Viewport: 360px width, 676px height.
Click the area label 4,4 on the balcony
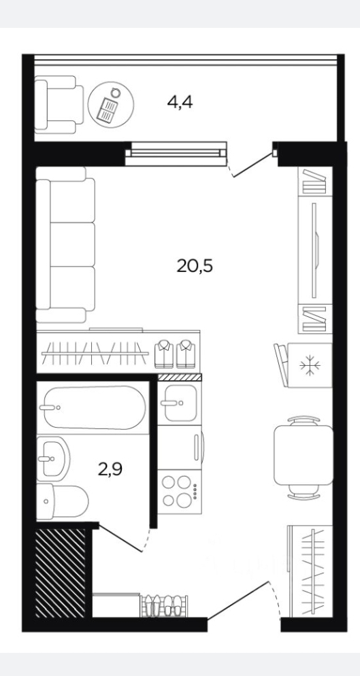180,103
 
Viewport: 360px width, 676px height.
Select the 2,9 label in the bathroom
110,469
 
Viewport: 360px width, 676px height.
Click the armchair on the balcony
59,104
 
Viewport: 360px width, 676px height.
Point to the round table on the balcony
111,104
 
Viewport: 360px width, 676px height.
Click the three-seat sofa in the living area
65,244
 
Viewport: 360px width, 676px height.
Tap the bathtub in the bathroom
93,407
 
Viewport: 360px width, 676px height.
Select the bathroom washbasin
53,458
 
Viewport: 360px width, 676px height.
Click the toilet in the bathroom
62,501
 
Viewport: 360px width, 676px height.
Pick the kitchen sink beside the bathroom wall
180,403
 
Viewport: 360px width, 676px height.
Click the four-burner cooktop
180,492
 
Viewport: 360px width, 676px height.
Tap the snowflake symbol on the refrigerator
310,365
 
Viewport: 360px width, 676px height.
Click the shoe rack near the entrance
165,606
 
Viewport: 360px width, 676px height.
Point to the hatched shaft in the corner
61,573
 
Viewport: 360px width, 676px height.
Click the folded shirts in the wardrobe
176,354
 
